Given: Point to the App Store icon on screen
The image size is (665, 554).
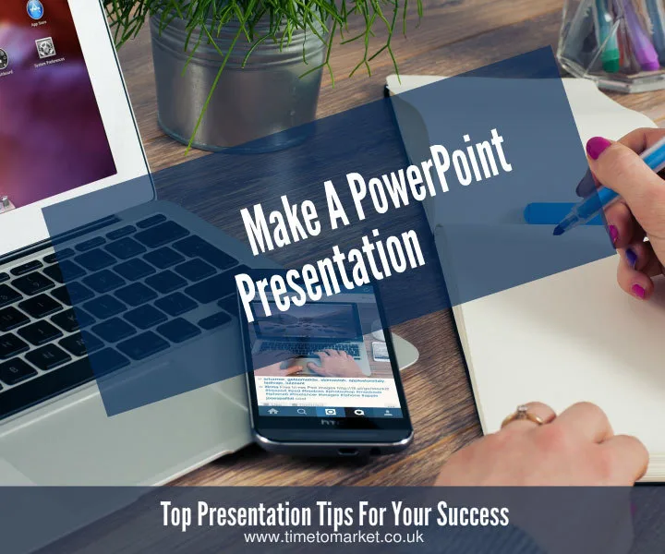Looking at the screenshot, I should [34, 12].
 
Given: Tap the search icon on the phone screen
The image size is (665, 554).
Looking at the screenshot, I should [301, 413].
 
